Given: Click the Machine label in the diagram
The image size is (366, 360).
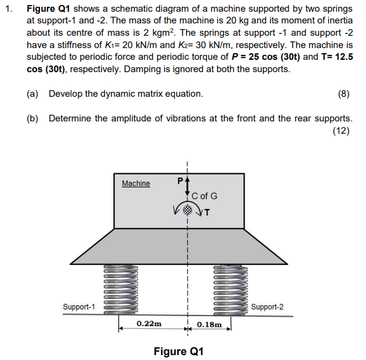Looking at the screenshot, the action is (136, 183).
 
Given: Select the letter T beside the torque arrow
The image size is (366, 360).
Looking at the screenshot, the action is (207, 214).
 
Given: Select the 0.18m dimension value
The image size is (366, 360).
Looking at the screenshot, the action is (209, 324).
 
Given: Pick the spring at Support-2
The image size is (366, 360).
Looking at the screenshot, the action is (230, 288).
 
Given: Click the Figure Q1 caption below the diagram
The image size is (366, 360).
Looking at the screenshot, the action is (179, 351).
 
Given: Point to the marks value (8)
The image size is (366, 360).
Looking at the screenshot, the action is (344, 94).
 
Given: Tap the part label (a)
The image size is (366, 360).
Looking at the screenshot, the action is (33, 94).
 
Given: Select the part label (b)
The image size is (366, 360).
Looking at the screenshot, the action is (33, 118).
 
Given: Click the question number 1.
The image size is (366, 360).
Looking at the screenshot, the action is (9, 9).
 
